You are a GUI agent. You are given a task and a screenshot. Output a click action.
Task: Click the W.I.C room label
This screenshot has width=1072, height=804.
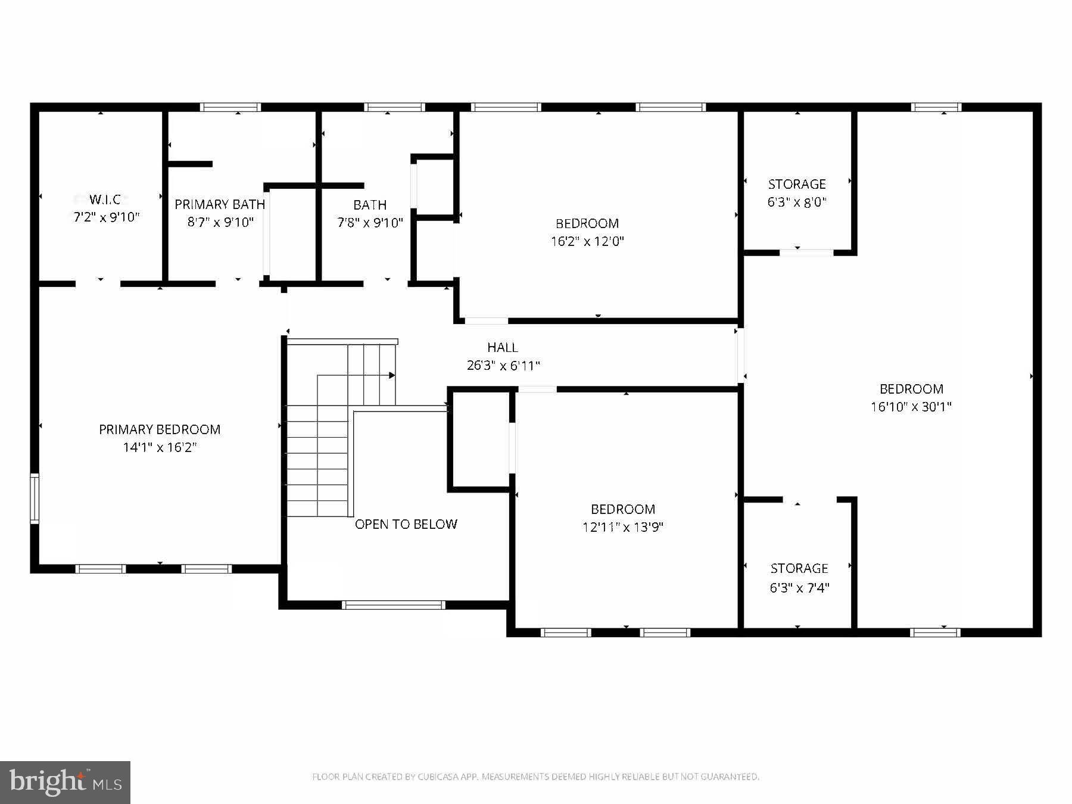pyautogui.click(x=105, y=199)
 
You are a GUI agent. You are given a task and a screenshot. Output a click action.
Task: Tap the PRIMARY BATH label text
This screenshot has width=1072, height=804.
pyautogui.click(x=220, y=204)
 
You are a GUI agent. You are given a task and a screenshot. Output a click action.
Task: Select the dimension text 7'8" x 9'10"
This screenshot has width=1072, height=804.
pyautogui.click(x=370, y=223)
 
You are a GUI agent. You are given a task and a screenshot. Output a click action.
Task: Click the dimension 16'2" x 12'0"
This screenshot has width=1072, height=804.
pyautogui.click(x=587, y=241)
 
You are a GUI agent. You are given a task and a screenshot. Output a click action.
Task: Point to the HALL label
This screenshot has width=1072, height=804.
pyautogui.click(x=502, y=347)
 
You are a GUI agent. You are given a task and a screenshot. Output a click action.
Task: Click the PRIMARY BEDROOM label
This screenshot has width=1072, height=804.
pyautogui.click(x=160, y=429)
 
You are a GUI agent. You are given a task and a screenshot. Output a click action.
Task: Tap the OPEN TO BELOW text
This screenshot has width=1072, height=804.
pyautogui.click(x=406, y=524)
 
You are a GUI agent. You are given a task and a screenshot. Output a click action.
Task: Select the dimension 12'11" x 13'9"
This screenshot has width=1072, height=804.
pyautogui.click(x=623, y=527)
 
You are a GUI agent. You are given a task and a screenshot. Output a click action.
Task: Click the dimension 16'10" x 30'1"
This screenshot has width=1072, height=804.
pyautogui.click(x=911, y=407)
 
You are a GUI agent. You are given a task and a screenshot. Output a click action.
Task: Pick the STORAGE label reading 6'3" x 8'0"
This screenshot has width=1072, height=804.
pyautogui.click(x=797, y=184)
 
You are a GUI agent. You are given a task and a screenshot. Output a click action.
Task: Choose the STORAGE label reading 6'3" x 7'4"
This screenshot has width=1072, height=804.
pyautogui.click(x=799, y=569)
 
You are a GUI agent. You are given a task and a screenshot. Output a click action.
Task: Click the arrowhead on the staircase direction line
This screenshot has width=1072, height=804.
pyautogui.click(x=392, y=375)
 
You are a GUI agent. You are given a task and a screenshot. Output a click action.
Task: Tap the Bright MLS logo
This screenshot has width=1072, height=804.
pyautogui.click(x=65, y=781)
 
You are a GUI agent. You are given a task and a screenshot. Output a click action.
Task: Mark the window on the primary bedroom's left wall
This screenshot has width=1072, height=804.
pyautogui.click(x=35, y=498)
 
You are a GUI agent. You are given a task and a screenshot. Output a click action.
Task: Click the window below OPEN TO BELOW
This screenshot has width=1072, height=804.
pyautogui.click(x=393, y=605)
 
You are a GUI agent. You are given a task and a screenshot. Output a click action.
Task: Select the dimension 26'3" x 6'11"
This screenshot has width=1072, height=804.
pyautogui.click(x=503, y=366)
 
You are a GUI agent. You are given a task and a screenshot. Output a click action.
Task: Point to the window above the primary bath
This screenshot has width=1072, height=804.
pyautogui.click(x=230, y=107)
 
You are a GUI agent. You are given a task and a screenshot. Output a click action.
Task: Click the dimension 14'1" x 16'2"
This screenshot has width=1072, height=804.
pyautogui.click(x=160, y=447)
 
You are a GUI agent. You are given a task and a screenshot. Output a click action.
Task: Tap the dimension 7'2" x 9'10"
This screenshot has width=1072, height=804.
pyautogui.click(x=106, y=217)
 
